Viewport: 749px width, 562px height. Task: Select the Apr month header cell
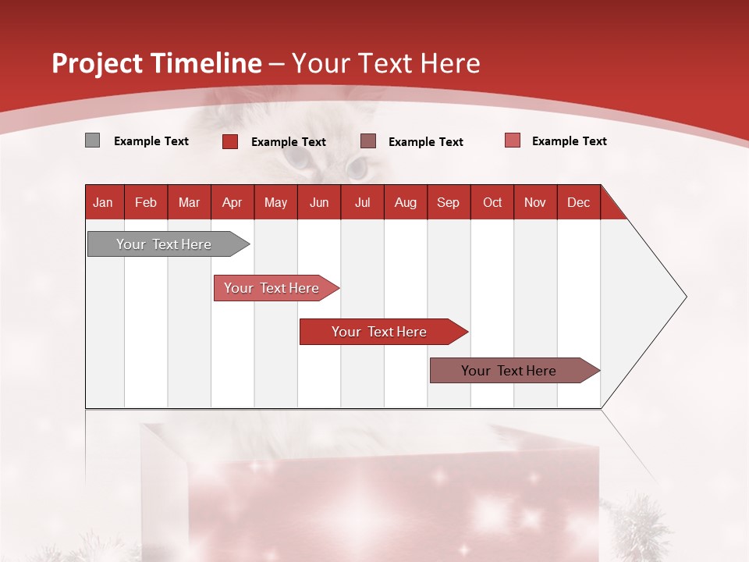[x=233, y=202]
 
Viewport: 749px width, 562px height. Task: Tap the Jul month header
[x=362, y=202]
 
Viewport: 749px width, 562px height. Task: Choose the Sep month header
[x=449, y=202]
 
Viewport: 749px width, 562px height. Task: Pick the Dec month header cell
[x=578, y=202]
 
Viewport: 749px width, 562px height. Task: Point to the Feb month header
[x=146, y=202]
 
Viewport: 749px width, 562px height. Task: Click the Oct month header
[x=492, y=202]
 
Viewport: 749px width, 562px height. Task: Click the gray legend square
[x=92, y=140]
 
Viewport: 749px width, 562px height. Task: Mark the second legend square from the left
[x=230, y=141]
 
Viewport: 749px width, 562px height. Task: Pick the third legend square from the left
[x=368, y=140]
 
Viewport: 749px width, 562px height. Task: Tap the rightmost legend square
[x=512, y=140]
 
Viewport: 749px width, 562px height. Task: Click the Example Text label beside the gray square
[x=151, y=141]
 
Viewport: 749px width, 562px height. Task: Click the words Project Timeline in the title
[x=157, y=63]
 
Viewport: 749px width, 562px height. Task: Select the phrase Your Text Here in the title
[x=386, y=63]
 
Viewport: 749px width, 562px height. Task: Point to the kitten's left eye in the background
[x=296, y=160]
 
